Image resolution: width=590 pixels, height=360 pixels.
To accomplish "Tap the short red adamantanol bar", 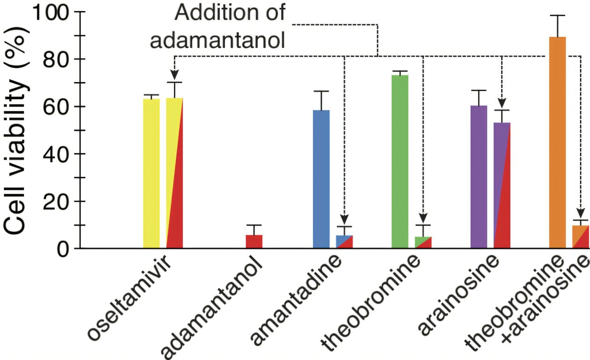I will (254, 242).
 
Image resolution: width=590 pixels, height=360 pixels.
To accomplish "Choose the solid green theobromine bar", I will (400, 161).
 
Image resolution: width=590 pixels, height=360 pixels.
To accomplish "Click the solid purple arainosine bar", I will (478, 177).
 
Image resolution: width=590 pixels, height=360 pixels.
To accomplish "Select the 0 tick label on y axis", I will (63, 248).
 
